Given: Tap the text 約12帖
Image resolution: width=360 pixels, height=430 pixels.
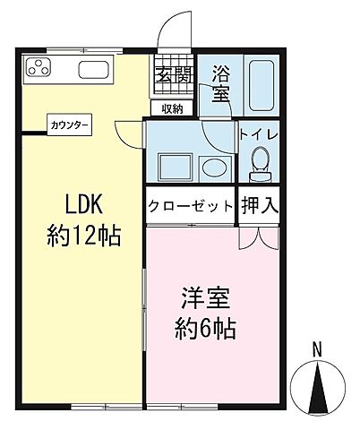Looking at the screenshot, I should coord(83,236).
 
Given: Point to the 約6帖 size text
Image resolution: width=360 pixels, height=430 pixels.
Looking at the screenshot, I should coord(205,329).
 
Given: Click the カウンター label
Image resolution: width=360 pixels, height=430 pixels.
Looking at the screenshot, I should coord(69,126).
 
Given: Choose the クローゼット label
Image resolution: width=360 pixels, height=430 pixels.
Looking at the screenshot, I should coord(189,203).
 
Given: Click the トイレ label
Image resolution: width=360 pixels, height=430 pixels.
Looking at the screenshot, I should coord(260,134).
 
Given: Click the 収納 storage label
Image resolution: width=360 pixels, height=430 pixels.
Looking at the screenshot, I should coord(172,108).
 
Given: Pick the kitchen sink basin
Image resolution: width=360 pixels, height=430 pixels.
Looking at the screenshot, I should coord(93,68).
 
